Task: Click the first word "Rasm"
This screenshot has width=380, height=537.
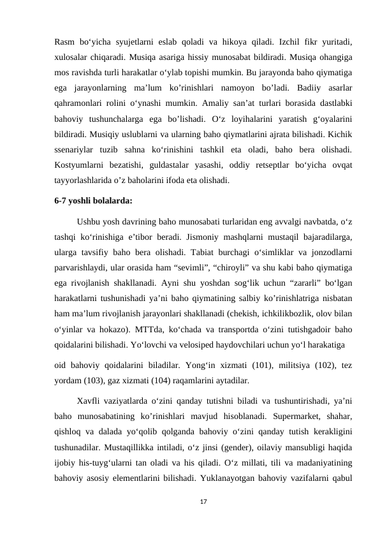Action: tap(66, 42)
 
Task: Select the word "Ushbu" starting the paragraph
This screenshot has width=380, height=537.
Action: tap(91, 221)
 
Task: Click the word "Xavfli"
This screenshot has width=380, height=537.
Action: tap(90, 403)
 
